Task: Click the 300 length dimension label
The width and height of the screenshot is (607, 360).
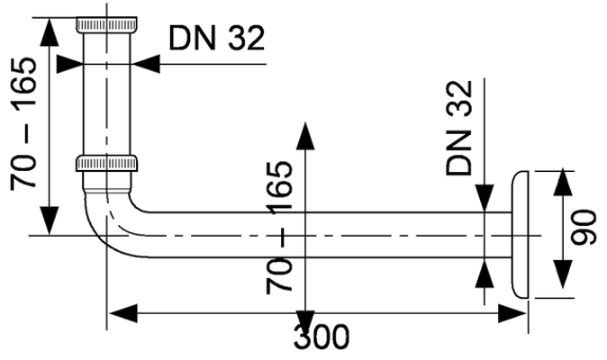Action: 322,337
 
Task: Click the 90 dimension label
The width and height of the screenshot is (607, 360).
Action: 584,228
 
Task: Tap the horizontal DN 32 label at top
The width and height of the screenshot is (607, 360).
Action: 217,38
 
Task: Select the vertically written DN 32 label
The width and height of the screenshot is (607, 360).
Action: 459,128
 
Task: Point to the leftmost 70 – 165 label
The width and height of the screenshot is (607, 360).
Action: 23,123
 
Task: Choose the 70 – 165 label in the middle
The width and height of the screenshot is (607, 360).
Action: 279,228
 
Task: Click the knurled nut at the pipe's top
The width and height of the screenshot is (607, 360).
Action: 106,24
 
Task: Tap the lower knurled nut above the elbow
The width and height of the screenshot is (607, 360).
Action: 106,163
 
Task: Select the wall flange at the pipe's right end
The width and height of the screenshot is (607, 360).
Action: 520,235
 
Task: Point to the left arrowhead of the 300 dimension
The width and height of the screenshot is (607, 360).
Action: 122,313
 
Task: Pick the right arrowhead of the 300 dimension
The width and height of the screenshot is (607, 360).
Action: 512,313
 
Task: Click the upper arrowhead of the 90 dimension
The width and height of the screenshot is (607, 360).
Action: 563,183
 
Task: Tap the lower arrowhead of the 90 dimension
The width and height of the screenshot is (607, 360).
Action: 563,274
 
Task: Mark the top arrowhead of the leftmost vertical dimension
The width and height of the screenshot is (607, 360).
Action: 50,32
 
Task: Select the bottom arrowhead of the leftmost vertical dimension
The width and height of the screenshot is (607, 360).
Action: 50,220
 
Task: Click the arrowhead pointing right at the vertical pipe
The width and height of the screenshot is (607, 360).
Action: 69,64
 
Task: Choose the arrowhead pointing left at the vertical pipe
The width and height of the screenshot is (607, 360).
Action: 146,64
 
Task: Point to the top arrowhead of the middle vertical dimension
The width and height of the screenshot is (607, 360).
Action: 306,136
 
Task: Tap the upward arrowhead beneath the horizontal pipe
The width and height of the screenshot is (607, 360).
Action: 485,273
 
